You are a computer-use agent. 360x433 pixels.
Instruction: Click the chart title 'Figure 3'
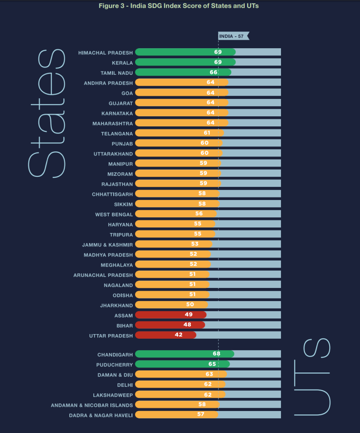click(178, 6)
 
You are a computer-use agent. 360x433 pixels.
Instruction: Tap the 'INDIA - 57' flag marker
click(233, 36)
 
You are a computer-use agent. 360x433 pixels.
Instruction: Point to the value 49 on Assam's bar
click(189, 315)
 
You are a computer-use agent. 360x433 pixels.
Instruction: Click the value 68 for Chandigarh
click(216, 354)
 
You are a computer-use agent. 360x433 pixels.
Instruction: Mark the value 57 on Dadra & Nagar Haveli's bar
click(201, 414)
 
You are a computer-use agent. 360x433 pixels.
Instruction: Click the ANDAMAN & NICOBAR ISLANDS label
click(92, 405)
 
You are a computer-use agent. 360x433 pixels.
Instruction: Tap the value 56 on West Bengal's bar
click(199, 214)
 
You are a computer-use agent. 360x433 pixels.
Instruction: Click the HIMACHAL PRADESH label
click(105, 52)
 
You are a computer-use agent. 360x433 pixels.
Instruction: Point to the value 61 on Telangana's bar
click(207, 133)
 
